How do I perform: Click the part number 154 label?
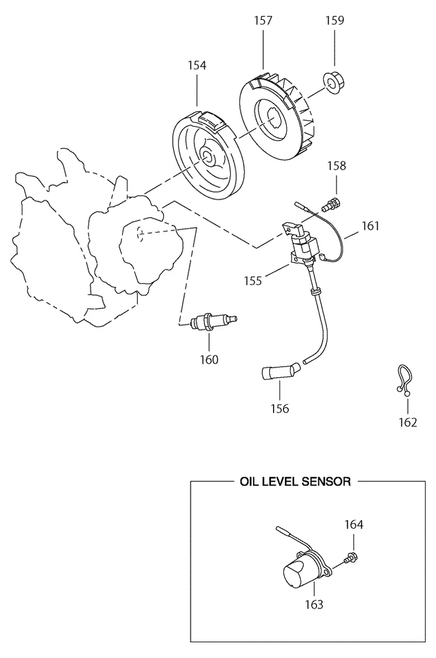197,65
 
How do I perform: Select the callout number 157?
263,20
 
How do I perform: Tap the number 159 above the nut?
335,20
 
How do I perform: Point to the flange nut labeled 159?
334,84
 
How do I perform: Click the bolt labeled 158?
331,205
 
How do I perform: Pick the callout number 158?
337,165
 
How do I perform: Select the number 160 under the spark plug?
209,360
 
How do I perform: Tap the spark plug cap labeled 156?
281,372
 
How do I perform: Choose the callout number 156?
280,408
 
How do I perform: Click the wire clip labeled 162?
404,380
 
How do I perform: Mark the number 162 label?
408,422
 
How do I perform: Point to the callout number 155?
253,281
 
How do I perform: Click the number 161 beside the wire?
371,226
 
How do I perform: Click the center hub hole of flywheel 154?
207,156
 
